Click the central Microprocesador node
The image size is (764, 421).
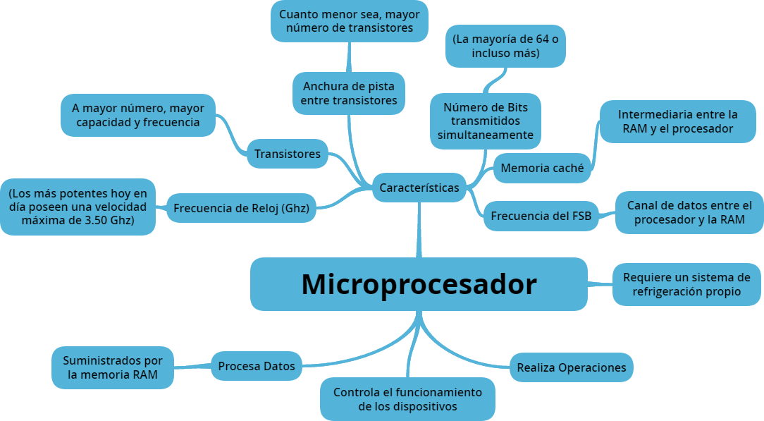click(x=419, y=284)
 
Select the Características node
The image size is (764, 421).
click(x=419, y=188)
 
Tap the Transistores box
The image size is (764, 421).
click(x=287, y=154)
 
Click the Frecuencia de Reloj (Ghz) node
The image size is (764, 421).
click(x=241, y=208)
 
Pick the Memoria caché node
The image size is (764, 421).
click(x=541, y=168)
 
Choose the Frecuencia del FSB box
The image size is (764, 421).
click(x=541, y=216)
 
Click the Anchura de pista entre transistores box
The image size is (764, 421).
click(x=349, y=93)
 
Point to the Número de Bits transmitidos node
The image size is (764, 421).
click(x=485, y=121)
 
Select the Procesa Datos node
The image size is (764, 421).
click(x=256, y=366)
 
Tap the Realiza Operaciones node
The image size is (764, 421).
click(x=571, y=367)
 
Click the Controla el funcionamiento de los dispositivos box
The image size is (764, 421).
click(x=407, y=399)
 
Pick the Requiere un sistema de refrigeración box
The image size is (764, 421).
click(x=686, y=284)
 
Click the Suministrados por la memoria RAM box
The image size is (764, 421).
click(x=113, y=367)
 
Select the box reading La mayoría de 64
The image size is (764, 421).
click(x=505, y=46)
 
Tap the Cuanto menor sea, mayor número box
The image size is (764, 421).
click(x=349, y=21)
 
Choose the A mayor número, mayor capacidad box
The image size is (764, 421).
click(x=137, y=115)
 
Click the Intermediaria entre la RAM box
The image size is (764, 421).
click(x=677, y=121)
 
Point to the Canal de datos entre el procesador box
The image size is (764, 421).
click(x=689, y=212)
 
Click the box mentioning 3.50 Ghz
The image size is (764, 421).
click(x=78, y=207)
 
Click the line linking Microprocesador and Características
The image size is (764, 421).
click(x=419, y=229)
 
